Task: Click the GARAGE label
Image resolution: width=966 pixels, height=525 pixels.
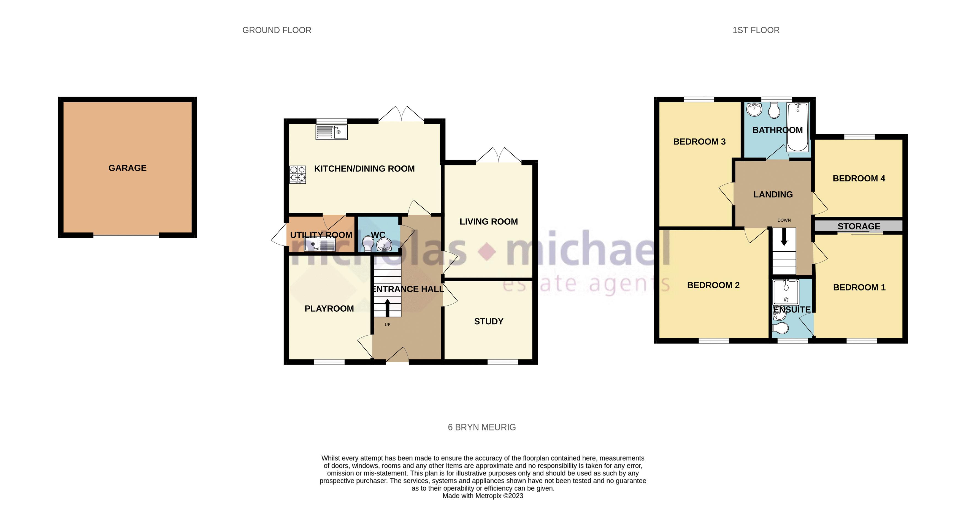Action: [x=128, y=168]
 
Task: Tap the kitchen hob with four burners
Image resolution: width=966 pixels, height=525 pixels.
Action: [x=298, y=174]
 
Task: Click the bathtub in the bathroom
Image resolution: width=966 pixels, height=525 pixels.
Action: [x=798, y=127]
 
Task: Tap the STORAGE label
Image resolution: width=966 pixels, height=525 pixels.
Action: [x=859, y=226]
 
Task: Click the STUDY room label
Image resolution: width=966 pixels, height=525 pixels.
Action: [x=489, y=321]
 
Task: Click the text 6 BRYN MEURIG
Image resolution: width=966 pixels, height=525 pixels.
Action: [x=482, y=427]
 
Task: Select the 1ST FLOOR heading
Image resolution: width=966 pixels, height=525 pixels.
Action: [x=756, y=30]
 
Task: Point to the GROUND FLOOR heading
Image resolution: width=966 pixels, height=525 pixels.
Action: [x=277, y=30]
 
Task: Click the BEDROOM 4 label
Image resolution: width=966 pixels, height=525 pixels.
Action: [x=859, y=178]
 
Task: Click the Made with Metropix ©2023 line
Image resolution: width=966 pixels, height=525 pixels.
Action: [x=483, y=496]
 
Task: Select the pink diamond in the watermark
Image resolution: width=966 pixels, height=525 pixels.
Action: [x=487, y=251]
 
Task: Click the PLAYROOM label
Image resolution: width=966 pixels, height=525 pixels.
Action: [x=329, y=308]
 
